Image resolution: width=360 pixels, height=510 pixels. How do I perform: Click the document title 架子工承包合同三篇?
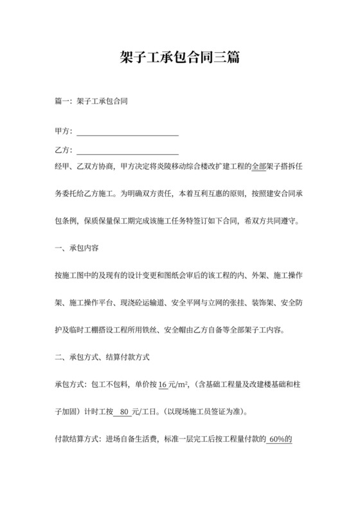click(x=180, y=58)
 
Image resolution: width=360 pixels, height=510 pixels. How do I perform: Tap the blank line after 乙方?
click(x=127, y=150)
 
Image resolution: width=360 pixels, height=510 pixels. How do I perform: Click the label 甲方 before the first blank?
click(x=62, y=131)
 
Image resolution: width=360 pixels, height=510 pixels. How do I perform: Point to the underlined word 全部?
click(x=258, y=167)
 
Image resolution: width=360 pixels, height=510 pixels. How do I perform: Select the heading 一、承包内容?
click(x=80, y=247)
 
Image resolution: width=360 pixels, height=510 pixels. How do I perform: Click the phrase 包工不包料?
click(x=113, y=385)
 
